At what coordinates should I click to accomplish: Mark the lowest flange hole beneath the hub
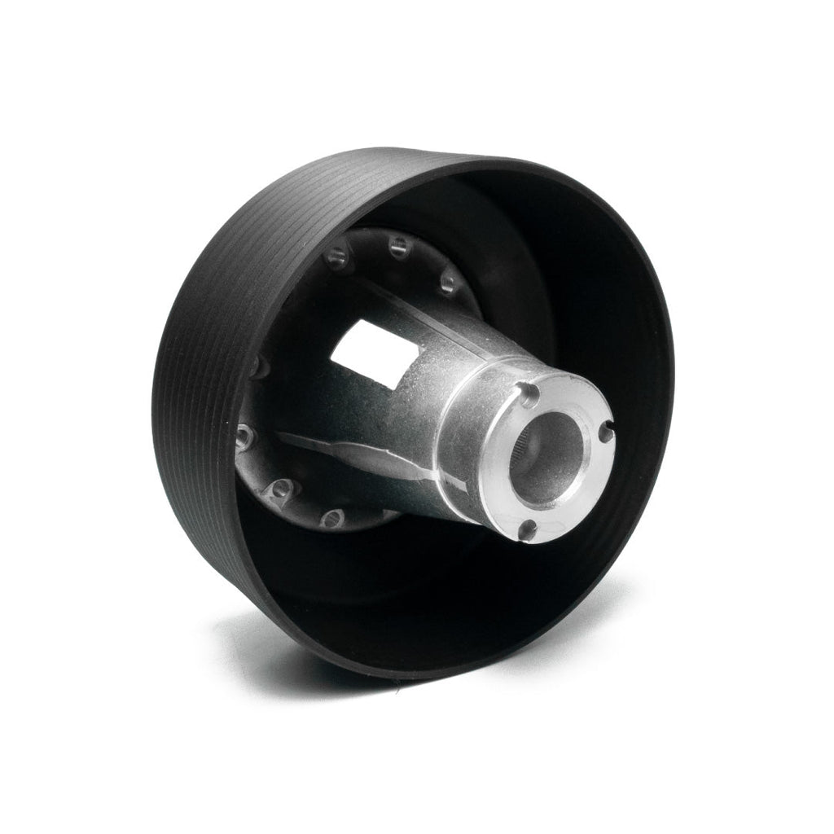331,517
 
